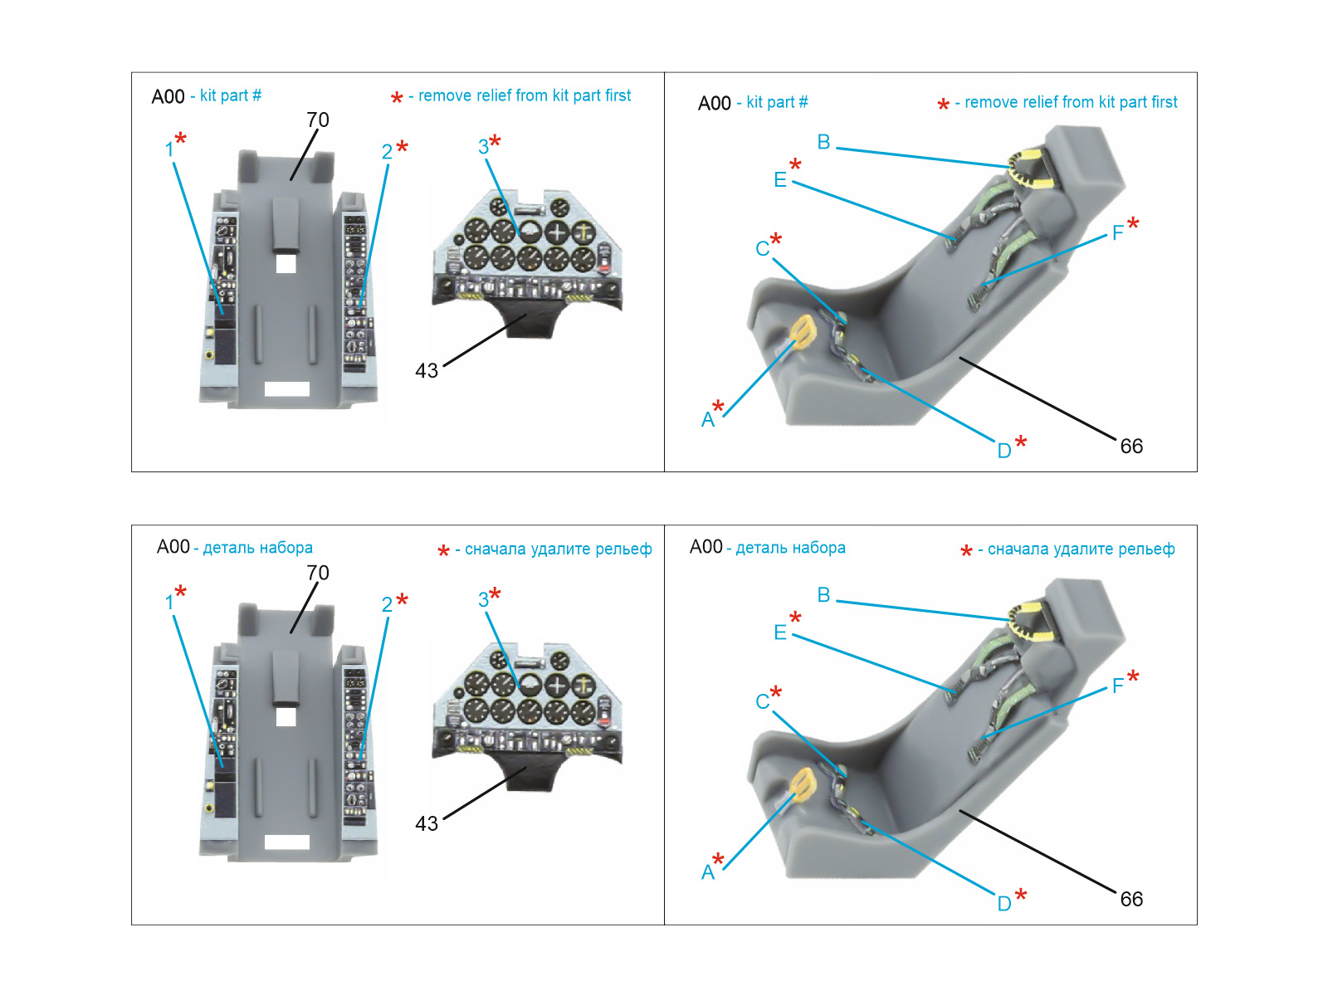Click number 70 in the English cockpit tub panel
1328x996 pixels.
(x=318, y=120)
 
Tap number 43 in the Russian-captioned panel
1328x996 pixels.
(x=427, y=823)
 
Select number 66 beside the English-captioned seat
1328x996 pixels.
(x=1131, y=447)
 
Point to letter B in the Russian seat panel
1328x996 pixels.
(x=823, y=595)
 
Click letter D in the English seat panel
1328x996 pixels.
(x=1003, y=451)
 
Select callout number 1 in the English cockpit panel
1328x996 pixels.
(x=169, y=150)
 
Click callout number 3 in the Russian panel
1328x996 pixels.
(x=483, y=599)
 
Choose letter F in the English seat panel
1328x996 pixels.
(x=1117, y=232)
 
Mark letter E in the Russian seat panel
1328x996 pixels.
(x=779, y=633)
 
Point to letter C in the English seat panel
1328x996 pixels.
(x=762, y=249)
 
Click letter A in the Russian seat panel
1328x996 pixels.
(x=707, y=872)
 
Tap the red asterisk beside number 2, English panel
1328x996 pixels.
(x=403, y=147)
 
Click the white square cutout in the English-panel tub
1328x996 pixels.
(x=286, y=263)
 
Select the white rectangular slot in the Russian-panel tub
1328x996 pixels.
(x=286, y=842)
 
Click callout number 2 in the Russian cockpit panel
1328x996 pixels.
(x=387, y=604)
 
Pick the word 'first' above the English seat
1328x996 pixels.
(x=1164, y=102)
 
